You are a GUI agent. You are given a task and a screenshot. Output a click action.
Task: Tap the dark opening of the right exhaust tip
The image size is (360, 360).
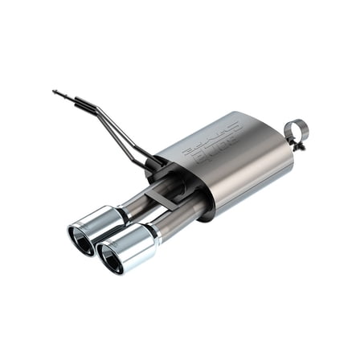110,257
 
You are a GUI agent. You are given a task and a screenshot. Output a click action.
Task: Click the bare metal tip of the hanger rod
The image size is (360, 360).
57,93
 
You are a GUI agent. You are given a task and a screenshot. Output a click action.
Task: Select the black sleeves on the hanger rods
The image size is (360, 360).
84,102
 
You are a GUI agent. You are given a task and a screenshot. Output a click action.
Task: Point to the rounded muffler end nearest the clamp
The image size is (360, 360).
277,157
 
